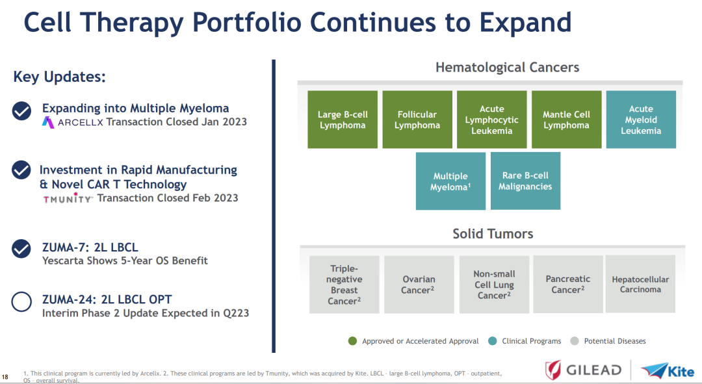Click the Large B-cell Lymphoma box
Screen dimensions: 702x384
point(343,120)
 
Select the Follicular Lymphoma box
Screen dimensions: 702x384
point(417,120)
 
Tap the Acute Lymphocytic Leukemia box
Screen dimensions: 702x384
point(491,120)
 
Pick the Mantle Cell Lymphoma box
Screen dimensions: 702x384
point(566,120)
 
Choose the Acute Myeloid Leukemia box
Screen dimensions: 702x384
point(641,120)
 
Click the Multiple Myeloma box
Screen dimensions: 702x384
point(450,181)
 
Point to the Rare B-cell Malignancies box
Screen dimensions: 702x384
point(525,181)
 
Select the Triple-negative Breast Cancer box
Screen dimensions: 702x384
point(344,285)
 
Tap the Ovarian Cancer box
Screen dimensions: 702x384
point(419,285)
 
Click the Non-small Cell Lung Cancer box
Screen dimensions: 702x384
point(494,285)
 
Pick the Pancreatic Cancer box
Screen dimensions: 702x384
point(568,284)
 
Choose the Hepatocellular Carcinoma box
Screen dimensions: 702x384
point(640,284)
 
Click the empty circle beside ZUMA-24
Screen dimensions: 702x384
point(21,302)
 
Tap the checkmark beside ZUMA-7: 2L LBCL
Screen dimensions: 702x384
point(21,250)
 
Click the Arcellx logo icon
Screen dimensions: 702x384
point(48,122)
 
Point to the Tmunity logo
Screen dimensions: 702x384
point(68,198)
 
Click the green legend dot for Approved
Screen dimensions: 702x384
point(352,341)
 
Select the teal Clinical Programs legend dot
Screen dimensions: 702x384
point(493,341)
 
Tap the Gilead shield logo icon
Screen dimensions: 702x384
point(553,370)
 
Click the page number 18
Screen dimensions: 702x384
point(5,377)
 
